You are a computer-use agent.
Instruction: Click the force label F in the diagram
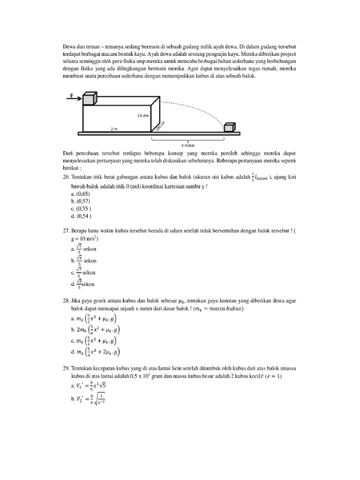point(71,95)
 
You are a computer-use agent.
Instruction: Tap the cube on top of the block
point(90,99)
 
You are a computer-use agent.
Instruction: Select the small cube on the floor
point(229,127)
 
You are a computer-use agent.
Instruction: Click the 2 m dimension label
point(114,128)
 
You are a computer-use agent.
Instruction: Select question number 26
point(66,177)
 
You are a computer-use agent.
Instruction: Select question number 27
point(66,231)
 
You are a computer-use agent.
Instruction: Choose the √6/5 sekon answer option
point(84,261)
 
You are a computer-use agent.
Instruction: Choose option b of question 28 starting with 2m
point(94,330)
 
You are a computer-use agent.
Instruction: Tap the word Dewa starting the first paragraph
point(69,47)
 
